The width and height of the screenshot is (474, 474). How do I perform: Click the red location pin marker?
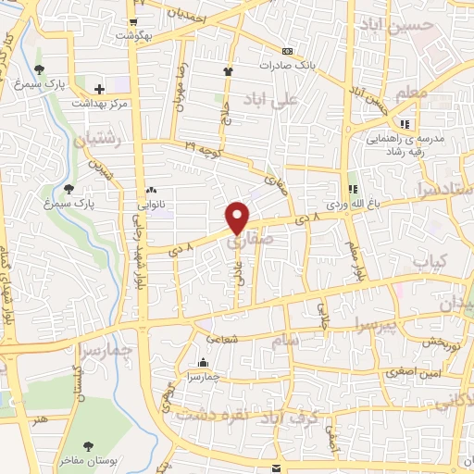(x=238, y=218)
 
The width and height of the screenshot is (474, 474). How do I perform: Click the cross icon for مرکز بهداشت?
(x=99, y=87)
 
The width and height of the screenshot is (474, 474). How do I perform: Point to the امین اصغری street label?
(x=394, y=371)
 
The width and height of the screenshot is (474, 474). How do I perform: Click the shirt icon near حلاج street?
(x=228, y=70)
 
